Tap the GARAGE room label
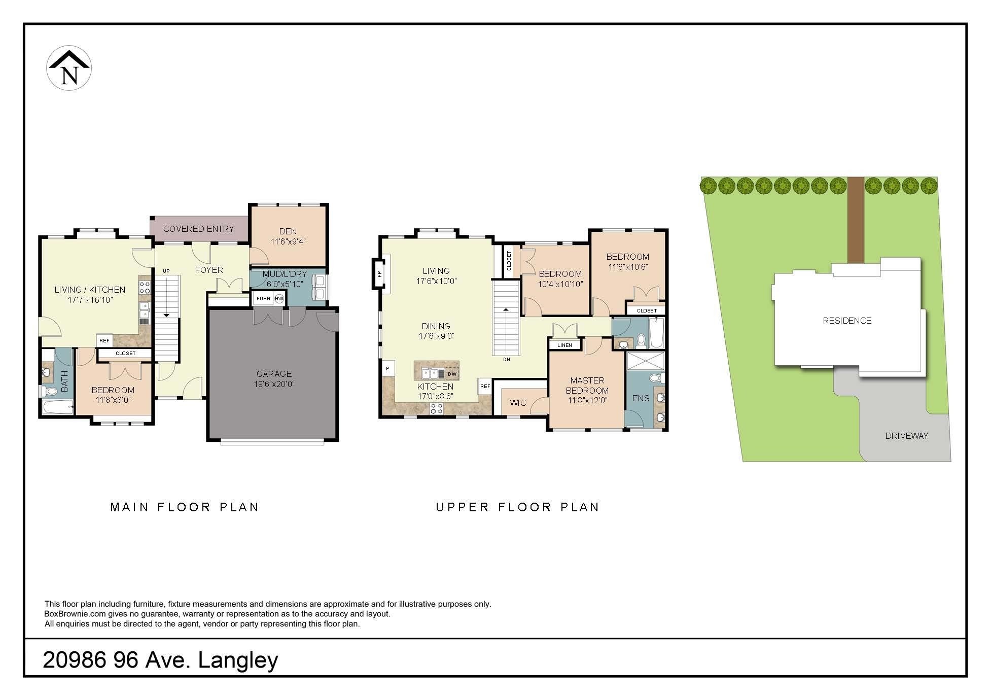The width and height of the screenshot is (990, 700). [x=274, y=374]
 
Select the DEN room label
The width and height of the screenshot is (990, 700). [x=288, y=231]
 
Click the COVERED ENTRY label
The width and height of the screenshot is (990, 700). [x=198, y=229]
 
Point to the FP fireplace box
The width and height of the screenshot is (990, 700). [x=379, y=274]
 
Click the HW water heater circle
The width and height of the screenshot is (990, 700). [x=279, y=299]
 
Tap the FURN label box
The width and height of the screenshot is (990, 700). [x=263, y=299]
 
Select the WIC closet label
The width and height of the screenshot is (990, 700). [x=518, y=403]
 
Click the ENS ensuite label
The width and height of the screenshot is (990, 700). [x=641, y=398]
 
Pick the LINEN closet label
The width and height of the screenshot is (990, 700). [x=564, y=345]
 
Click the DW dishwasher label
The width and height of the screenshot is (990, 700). [x=452, y=374]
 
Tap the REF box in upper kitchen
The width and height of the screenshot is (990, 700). [x=485, y=387]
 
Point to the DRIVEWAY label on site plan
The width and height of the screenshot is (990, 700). [x=906, y=436]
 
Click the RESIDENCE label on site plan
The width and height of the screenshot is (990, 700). [x=847, y=321]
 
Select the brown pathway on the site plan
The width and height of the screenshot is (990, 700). [x=856, y=220]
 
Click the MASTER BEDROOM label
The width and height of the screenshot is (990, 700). [x=587, y=386]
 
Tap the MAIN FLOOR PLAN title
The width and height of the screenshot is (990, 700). [x=185, y=507]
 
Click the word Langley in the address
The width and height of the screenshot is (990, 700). [x=238, y=660]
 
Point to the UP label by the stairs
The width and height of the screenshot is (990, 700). [x=166, y=271]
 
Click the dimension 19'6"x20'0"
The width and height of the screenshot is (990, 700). [x=274, y=384]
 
